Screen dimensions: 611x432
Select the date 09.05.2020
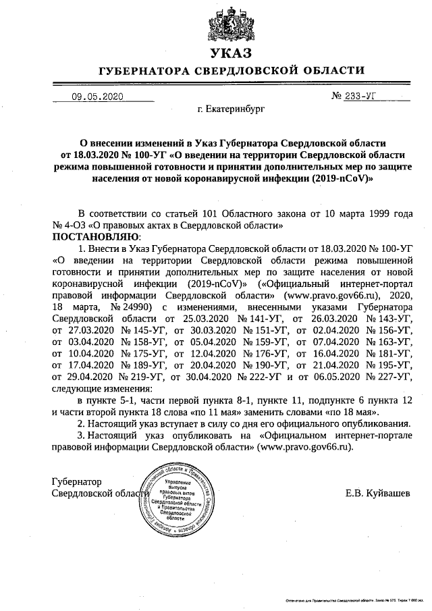97,97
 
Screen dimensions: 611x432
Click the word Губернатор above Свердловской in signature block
77,481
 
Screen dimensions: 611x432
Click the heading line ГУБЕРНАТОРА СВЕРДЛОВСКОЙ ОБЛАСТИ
232,70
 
